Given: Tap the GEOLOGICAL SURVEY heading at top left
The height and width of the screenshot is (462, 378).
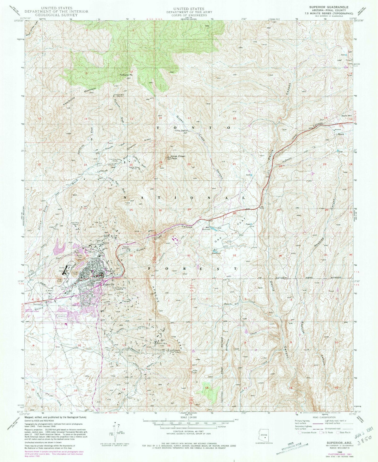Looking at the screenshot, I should point(56,15).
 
